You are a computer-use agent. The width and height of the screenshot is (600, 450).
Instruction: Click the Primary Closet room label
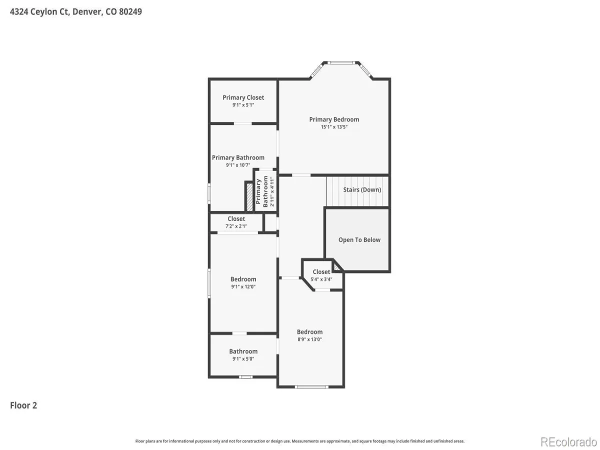click(x=243, y=97)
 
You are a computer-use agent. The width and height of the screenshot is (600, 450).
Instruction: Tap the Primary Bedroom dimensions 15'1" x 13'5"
click(x=334, y=127)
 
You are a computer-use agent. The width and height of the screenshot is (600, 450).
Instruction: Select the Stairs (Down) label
click(x=362, y=189)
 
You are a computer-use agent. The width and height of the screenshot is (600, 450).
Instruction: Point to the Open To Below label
click(x=359, y=239)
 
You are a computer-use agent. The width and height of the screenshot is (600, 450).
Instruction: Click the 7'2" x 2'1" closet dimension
click(x=236, y=226)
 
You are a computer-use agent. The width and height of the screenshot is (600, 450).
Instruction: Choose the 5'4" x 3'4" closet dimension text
click(x=321, y=279)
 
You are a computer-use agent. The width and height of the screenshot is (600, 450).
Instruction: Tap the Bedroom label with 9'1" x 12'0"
click(x=243, y=279)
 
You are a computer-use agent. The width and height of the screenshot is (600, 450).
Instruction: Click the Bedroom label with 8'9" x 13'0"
click(x=309, y=331)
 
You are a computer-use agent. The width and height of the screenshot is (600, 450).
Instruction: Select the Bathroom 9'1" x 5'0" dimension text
click(x=243, y=358)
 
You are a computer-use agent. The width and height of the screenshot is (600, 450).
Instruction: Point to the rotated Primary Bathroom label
click(x=261, y=191)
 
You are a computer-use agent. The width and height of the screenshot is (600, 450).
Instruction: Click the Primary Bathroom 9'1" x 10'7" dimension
click(x=238, y=165)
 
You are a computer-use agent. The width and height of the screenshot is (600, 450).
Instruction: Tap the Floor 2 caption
click(x=23, y=405)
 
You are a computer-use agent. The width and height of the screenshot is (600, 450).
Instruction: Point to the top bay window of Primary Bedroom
click(x=341, y=63)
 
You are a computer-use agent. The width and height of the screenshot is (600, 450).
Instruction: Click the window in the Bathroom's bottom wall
click(x=245, y=377)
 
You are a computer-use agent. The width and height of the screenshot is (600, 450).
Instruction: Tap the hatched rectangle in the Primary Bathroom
click(x=249, y=196)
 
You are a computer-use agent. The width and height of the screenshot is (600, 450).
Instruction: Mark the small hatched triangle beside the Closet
click(x=336, y=267)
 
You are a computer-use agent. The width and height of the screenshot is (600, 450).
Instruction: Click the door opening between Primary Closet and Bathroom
click(x=242, y=123)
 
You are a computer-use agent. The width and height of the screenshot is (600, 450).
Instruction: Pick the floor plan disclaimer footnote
click(x=299, y=441)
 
